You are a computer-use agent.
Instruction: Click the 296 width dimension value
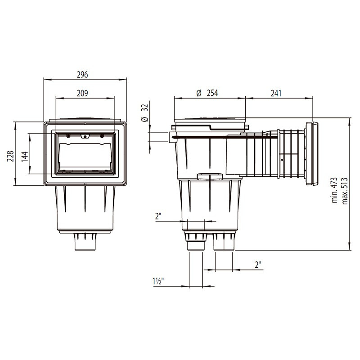[x=82, y=75]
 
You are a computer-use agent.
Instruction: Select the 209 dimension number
[x=82, y=93]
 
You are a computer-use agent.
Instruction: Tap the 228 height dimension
[x=10, y=156]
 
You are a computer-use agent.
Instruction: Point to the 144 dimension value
[x=25, y=157]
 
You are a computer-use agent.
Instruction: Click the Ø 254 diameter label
[x=207, y=93]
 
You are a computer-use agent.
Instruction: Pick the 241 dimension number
[x=276, y=94]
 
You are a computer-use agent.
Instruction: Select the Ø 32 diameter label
[x=145, y=113]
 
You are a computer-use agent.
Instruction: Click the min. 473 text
[x=334, y=190]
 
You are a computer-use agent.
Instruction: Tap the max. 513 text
[x=345, y=191]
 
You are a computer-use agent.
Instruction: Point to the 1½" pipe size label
[x=158, y=281]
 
